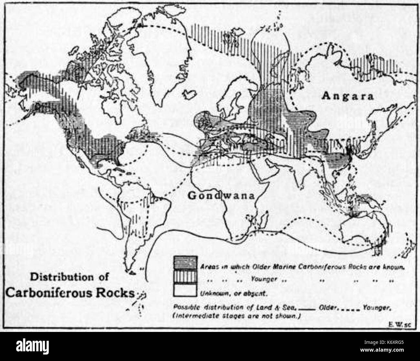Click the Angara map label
coord(347,96)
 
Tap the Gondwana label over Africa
coord(221,196)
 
